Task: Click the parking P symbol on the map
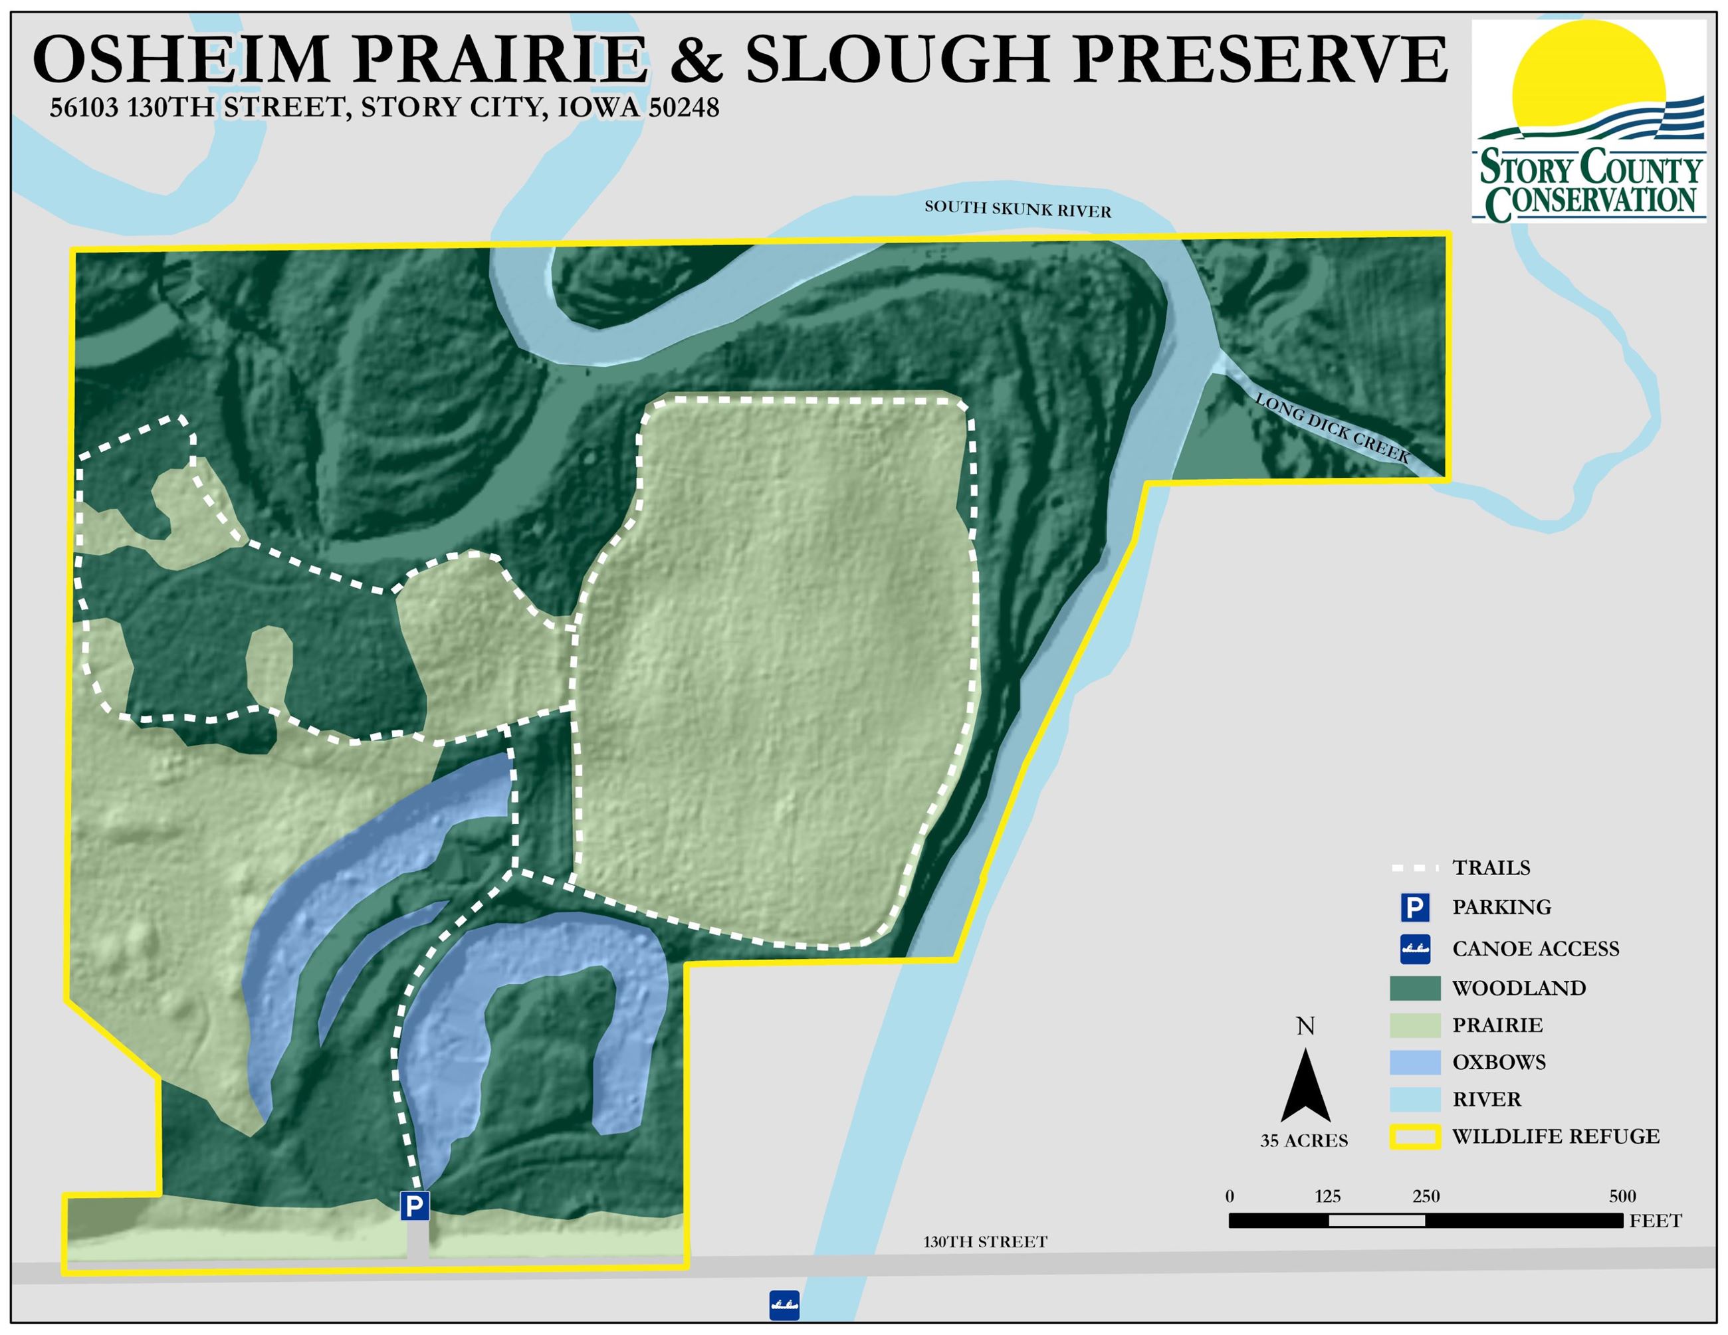click(415, 1206)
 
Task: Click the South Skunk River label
click(1018, 209)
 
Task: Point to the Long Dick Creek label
click(1333, 429)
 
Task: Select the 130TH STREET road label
click(985, 1243)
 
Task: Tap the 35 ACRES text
click(1304, 1141)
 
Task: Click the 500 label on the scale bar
click(1622, 1197)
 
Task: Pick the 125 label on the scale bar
click(1328, 1197)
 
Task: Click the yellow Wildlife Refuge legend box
click(1415, 1137)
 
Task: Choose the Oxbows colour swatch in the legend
click(1415, 1062)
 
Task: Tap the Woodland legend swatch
click(1415, 988)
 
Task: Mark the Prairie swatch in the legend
click(1415, 1025)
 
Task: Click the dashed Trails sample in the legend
click(1415, 869)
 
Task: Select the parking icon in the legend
click(1415, 907)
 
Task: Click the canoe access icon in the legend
click(1415, 949)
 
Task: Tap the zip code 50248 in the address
click(684, 108)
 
